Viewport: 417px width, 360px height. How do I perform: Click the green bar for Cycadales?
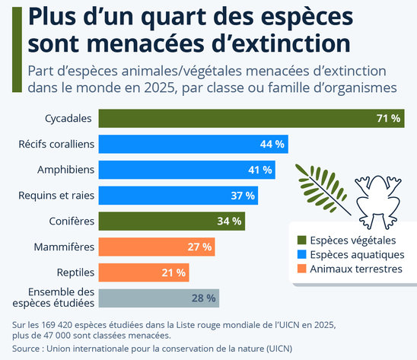click(x=251, y=118)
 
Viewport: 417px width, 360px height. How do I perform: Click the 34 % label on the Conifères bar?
click(x=229, y=221)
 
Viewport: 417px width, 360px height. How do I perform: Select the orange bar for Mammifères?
click(x=157, y=247)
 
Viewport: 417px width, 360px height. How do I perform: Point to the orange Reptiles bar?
click(x=144, y=272)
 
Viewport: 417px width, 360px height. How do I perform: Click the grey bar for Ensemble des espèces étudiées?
click(x=159, y=298)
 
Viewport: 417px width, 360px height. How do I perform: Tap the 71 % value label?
click(x=388, y=118)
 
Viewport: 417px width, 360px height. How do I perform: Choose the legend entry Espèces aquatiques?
click(x=353, y=254)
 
